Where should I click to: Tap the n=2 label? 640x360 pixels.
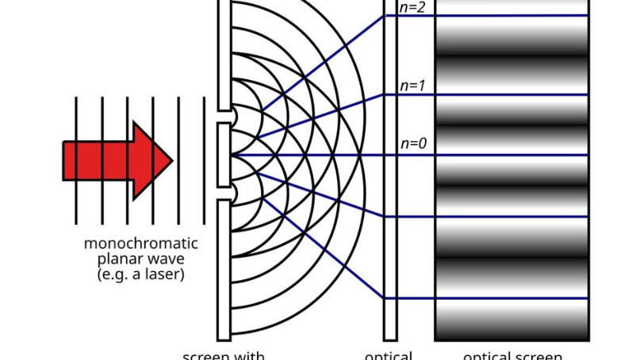[414, 9]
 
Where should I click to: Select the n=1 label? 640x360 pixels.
[414, 85]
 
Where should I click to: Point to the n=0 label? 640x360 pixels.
[414, 144]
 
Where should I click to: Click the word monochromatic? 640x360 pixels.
[140, 243]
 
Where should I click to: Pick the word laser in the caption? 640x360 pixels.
[166, 275]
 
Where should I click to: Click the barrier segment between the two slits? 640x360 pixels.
[224, 155]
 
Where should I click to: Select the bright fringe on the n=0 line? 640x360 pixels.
[512, 155]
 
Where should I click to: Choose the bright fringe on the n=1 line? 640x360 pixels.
[512, 94]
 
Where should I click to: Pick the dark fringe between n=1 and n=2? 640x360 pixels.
[512, 54]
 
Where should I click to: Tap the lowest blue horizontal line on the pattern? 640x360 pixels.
[512, 298]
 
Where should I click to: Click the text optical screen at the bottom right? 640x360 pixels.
[512, 355]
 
